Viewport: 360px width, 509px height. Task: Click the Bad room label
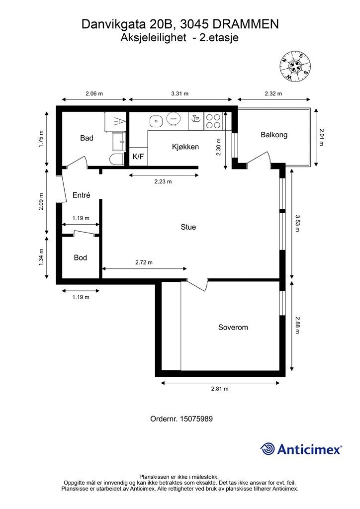(87, 138)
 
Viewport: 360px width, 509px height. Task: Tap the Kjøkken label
(185, 147)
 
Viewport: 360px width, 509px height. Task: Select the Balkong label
(274, 135)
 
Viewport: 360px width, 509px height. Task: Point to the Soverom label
(233, 327)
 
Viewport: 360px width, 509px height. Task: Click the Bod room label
(81, 258)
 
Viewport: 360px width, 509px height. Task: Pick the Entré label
(81, 195)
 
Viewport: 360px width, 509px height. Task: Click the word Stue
(188, 227)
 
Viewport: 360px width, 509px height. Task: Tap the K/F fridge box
(138, 157)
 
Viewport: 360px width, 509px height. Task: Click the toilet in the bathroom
(116, 160)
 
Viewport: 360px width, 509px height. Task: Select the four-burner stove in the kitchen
(213, 121)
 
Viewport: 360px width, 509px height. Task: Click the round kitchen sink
(156, 121)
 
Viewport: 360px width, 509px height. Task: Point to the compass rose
(295, 66)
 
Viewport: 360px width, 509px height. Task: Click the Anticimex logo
(301, 449)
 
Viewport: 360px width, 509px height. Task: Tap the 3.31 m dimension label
(180, 94)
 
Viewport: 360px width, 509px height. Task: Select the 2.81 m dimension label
(220, 389)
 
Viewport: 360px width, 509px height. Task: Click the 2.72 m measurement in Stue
(144, 262)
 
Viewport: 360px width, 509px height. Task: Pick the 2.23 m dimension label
(163, 181)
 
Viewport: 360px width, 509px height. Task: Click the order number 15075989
(196, 419)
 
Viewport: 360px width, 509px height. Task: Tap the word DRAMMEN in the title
(246, 24)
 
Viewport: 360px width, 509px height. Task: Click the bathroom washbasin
(119, 142)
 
